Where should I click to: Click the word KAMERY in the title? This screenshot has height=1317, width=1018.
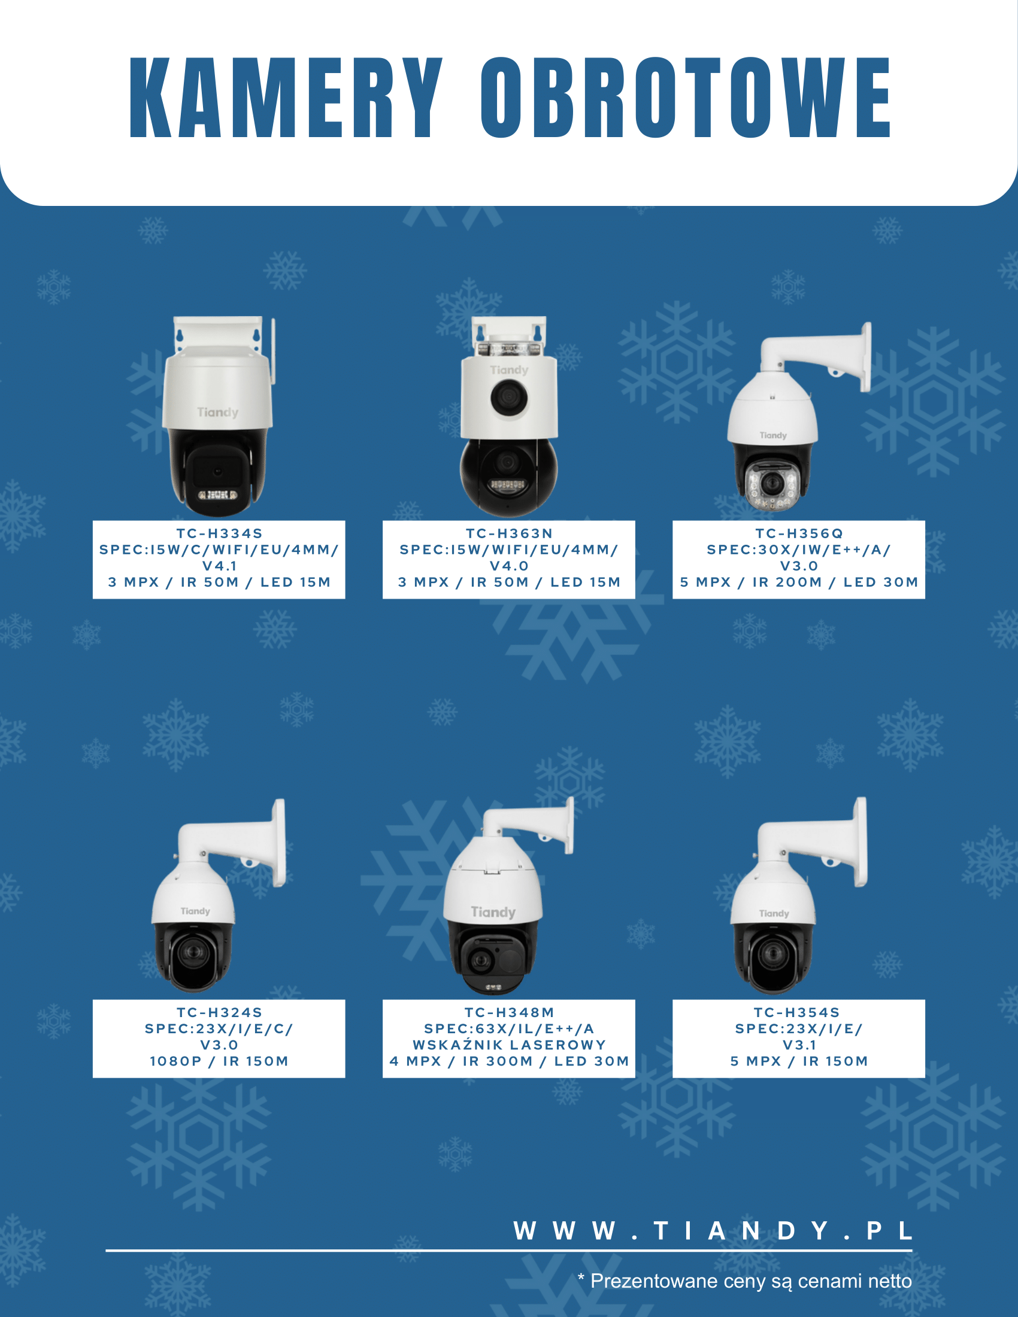pyautogui.click(x=286, y=98)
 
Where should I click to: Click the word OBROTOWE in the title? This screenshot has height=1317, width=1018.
pyautogui.click(x=685, y=98)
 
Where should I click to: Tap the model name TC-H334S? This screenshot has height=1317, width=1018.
pyautogui.click(x=220, y=533)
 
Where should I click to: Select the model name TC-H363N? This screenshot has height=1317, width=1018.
pyautogui.click(x=509, y=533)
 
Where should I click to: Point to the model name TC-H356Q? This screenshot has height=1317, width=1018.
pyautogui.click(x=799, y=533)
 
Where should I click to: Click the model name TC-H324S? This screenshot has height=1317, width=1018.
pyautogui.click(x=220, y=1012)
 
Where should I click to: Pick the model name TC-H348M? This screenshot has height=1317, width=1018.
pyautogui.click(x=509, y=1012)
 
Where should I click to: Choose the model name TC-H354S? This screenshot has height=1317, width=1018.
pyautogui.click(x=799, y=1012)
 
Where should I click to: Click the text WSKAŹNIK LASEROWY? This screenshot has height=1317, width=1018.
pyautogui.click(x=509, y=1045)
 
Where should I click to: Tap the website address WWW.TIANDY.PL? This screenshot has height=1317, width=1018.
pyautogui.click(x=712, y=1231)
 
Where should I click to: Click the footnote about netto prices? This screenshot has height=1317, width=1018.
pyautogui.click(x=745, y=1281)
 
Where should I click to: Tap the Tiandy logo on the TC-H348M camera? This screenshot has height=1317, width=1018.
pyautogui.click(x=493, y=912)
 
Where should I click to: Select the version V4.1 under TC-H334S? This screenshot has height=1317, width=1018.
pyautogui.click(x=220, y=566)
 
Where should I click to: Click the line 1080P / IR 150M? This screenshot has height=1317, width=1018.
pyautogui.click(x=220, y=1061)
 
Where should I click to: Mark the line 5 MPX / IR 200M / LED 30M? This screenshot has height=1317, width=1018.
pyautogui.click(x=799, y=582)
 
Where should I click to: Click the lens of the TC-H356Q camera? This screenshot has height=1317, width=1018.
pyautogui.click(x=771, y=483)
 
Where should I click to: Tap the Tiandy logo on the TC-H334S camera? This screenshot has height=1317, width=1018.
pyautogui.click(x=218, y=412)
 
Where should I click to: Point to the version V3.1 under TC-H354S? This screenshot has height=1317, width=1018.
pyautogui.click(x=799, y=1045)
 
